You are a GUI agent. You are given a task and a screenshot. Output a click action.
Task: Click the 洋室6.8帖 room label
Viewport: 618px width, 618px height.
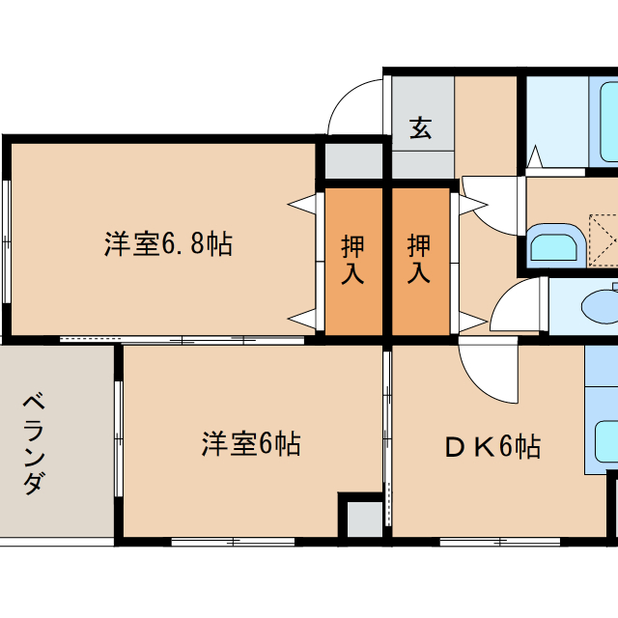point(168,243)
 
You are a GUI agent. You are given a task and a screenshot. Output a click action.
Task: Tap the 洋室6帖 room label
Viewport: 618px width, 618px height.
point(251,444)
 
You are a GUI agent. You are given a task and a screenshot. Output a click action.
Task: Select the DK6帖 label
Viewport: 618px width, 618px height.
point(492,446)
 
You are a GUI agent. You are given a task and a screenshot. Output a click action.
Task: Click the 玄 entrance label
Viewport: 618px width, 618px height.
point(420,127)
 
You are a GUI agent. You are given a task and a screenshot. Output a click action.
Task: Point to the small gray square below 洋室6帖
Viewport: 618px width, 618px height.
point(364,518)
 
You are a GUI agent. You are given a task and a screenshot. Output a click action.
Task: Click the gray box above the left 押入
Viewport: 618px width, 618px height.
point(352,159)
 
